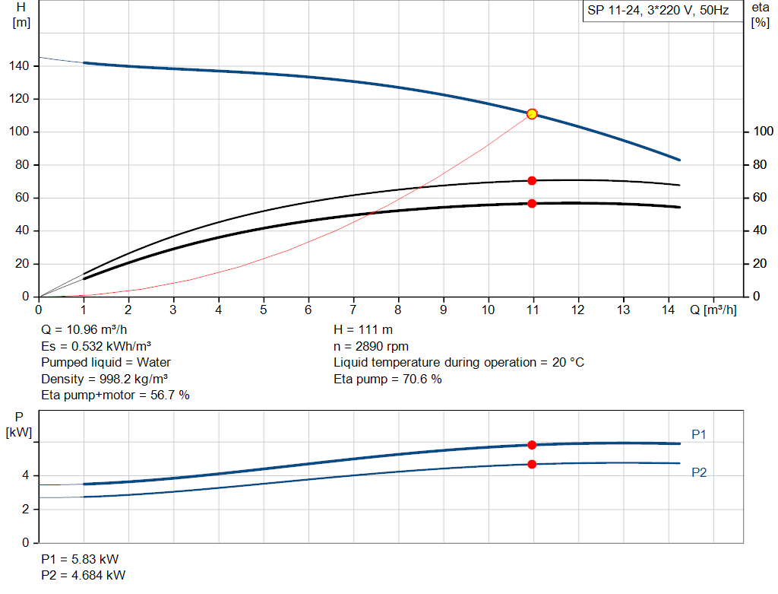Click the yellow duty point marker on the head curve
click(x=532, y=114)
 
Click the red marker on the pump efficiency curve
click(x=532, y=180)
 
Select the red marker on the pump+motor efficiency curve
click(x=532, y=203)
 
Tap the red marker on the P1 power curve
click(x=532, y=445)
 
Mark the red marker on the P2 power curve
click(x=532, y=464)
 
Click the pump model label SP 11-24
click(x=657, y=11)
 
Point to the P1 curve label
click(x=699, y=434)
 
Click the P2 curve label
click(x=699, y=472)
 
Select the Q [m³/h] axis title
click(x=713, y=310)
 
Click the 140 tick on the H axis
click(x=20, y=66)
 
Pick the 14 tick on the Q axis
click(x=668, y=310)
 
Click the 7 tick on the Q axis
click(x=353, y=310)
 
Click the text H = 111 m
click(x=362, y=330)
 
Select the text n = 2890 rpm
click(x=371, y=346)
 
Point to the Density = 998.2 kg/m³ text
click(x=104, y=379)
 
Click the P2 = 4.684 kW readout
click(x=84, y=575)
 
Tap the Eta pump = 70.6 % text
click(x=387, y=379)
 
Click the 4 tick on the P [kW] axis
click(x=25, y=475)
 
